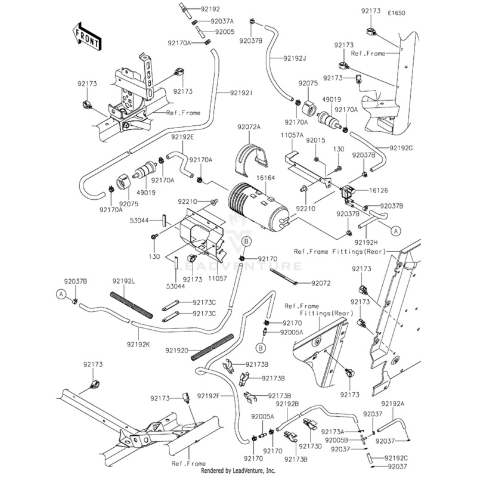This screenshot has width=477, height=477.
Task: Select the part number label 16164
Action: pyautogui.click(x=265, y=178)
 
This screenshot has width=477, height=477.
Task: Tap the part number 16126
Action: pyautogui.click(x=379, y=190)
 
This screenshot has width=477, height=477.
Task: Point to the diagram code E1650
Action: pyautogui.click(x=397, y=13)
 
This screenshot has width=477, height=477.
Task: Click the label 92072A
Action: pyautogui.click(x=249, y=127)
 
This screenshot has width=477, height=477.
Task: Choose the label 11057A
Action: pyautogui.click(x=292, y=135)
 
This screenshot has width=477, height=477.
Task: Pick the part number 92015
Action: pyautogui.click(x=315, y=140)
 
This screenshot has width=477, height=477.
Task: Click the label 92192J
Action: pyautogui.click(x=295, y=58)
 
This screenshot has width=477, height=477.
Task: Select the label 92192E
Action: pyautogui.click(x=182, y=137)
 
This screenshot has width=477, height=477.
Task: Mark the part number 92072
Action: pyautogui.click(x=321, y=283)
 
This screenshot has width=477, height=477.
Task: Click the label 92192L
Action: pyautogui.click(x=123, y=281)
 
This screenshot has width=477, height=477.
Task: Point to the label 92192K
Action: pyautogui.click(x=138, y=345)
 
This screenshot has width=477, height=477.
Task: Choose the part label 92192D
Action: pyautogui.click(x=176, y=351)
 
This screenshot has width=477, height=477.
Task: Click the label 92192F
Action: pyautogui.click(x=208, y=396)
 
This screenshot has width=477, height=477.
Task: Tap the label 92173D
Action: pyautogui.click(x=310, y=446)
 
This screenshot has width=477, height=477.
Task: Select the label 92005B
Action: pyautogui.click(x=336, y=440)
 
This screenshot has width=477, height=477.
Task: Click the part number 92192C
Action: pyautogui.click(x=396, y=458)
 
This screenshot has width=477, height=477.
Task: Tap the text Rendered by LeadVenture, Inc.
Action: pyautogui.click(x=238, y=470)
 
